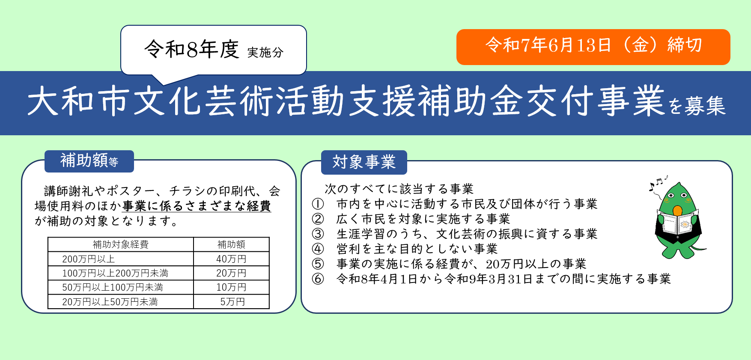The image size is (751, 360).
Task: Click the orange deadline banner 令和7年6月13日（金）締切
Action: click(593, 47)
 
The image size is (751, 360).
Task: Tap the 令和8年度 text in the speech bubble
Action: click(191, 49)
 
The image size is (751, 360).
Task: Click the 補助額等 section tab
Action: click(89, 161)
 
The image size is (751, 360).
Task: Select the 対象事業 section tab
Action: click(364, 162)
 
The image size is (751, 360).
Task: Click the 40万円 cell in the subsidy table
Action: click(231, 259)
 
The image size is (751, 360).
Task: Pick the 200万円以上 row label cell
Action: click(121, 259)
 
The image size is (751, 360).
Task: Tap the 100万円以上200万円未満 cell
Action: click(121, 273)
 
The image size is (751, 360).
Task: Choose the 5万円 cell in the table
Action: click(231, 302)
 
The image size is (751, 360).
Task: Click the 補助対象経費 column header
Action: click(121, 244)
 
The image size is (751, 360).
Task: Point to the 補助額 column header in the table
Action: click(231, 244)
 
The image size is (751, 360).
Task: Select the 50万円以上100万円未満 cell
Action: click(121, 287)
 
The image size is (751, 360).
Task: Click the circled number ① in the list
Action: click(318, 204)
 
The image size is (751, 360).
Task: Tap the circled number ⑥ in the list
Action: click(318, 279)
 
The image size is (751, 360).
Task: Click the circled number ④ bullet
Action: click(318, 249)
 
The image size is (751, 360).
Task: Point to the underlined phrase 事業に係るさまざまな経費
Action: click(197, 206)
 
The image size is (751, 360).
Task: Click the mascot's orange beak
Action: click(677, 210)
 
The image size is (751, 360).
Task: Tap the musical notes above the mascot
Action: click(658, 182)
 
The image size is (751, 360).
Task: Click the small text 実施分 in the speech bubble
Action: click(265, 53)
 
